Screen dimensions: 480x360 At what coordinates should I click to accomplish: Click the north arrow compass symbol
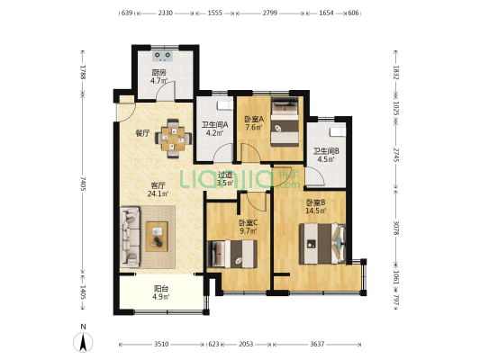click(83, 342)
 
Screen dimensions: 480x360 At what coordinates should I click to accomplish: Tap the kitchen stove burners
click(162, 56)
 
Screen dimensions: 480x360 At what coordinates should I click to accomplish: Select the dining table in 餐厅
click(173, 139)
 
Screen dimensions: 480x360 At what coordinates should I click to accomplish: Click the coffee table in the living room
click(157, 237)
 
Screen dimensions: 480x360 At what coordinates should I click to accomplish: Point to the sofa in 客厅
click(131, 237)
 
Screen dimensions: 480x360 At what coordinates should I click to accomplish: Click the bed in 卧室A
click(285, 121)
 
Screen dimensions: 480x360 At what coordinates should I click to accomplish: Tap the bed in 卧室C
click(232, 254)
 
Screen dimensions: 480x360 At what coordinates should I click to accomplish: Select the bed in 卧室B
click(322, 244)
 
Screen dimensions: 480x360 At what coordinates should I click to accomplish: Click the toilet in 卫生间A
click(225, 105)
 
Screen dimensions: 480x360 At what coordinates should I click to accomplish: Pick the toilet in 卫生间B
click(338, 131)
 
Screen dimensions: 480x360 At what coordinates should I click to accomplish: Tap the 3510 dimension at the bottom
click(161, 345)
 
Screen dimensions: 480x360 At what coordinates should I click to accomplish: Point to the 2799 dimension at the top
click(269, 13)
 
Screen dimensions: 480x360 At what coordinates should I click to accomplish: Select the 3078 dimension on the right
click(396, 229)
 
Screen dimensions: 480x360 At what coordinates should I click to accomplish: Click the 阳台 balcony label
click(161, 288)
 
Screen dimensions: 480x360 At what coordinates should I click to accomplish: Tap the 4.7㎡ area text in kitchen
click(158, 81)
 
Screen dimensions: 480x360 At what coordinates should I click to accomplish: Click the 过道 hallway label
click(225, 175)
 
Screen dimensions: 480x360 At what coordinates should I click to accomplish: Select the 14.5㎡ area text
click(315, 210)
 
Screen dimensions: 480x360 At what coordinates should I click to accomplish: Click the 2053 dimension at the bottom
click(246, 345)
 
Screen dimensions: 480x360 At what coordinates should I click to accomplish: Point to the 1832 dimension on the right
click(396, 72)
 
